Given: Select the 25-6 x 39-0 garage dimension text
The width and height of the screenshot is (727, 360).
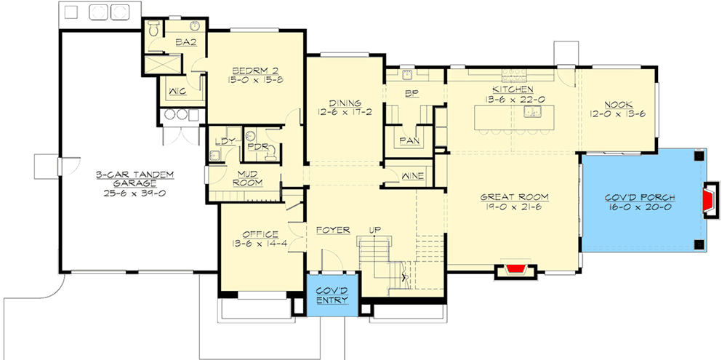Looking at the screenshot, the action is pos(134,193).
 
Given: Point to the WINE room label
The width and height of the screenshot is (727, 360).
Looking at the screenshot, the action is pos(412,176).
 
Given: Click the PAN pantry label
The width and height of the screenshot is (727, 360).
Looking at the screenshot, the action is pos(409,140).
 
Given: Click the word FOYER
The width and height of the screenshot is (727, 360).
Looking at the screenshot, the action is pos(333,230).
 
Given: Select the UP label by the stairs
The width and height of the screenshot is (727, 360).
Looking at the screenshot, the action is pos(374,230).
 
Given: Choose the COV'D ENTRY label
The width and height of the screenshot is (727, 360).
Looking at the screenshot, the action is pos(332,295).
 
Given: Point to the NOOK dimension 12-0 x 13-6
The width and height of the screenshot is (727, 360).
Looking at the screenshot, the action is pos(617,114).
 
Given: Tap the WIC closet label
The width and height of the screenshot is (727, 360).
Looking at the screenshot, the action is pos(177,92).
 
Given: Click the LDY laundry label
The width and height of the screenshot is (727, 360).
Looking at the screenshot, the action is pos(226,141).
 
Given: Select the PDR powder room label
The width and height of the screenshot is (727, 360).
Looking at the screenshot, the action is pos(255,147).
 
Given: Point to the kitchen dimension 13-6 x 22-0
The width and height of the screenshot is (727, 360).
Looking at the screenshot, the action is pos(513,99).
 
